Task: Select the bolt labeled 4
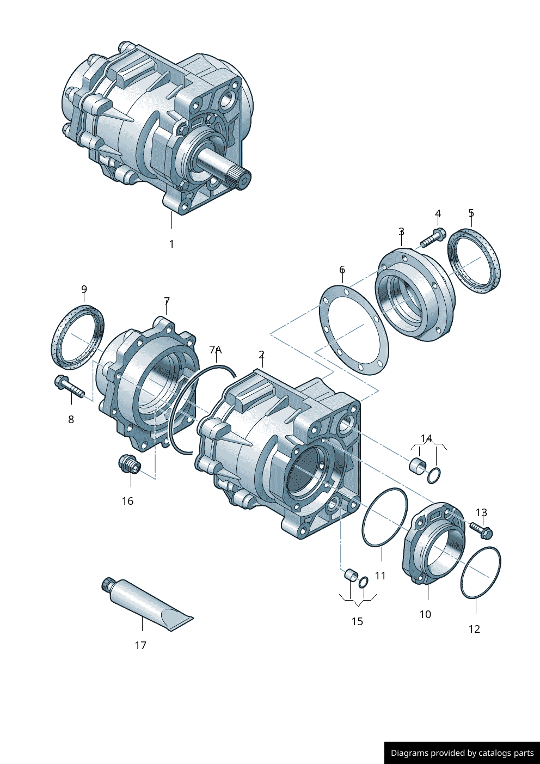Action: pos(433,237)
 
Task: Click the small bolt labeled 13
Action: pos(481,528)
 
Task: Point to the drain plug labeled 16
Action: pos(130,464)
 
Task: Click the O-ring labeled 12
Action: pos(481,573)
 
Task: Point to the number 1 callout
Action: pos(171,244)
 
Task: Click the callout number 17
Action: pos(140,645)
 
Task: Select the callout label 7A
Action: pos(216,350)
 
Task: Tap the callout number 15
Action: pos(357,621)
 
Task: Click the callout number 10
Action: pos(425,614)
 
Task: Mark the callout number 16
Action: pos(127,501)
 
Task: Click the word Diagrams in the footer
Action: pos(409,753)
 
